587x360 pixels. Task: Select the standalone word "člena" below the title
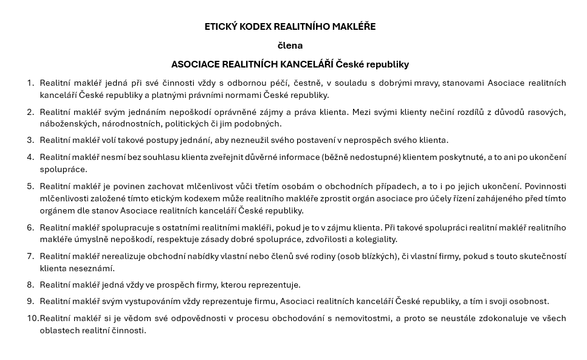click(290, 46)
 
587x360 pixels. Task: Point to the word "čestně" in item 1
click(308, 83)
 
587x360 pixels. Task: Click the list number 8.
click(30, 285)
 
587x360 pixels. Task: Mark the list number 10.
click(32, 318)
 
